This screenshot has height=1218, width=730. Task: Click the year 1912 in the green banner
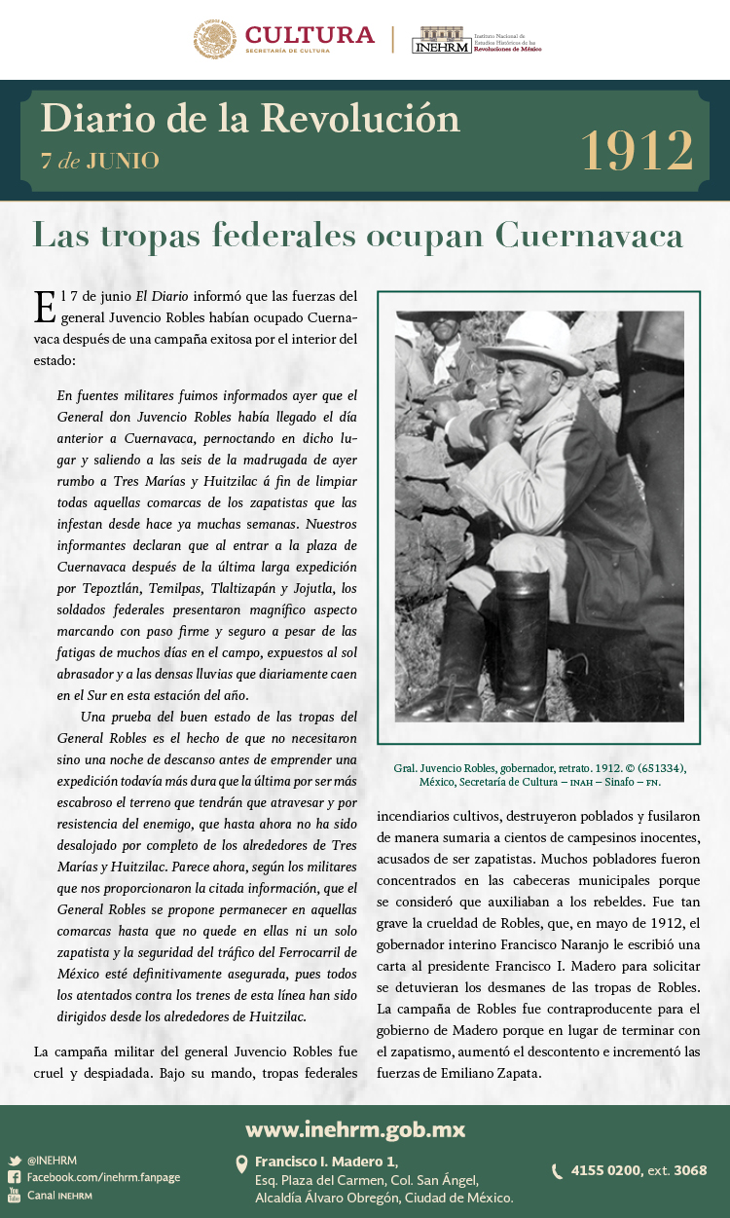point(638,150)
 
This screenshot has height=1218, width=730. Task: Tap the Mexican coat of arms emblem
point(214,39)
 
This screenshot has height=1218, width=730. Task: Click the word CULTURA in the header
point(310,35)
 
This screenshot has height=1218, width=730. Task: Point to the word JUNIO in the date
point(123,161)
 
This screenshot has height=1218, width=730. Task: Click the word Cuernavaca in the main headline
point(588,236)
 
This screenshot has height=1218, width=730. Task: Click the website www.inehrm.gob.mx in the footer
point(355,1129)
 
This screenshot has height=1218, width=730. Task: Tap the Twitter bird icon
point(15,1161)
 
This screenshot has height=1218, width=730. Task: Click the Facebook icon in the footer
point(15,1177)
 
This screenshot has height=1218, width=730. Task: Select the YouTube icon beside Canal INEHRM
point(15,1195)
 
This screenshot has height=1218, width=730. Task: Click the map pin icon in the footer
point(241,1163)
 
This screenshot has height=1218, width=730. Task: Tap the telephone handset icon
point(557,1171)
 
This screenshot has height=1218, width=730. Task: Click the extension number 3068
point(690,1170)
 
